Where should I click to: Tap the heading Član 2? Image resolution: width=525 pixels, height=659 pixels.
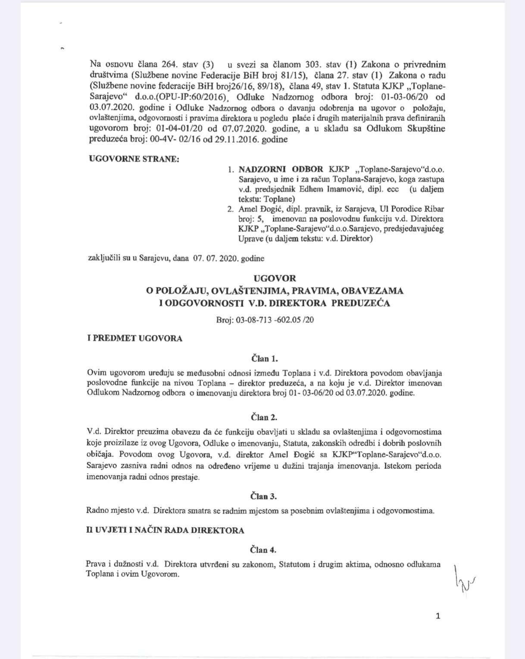(264, 417)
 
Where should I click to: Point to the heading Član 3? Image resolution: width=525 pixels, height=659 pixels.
(264, 496)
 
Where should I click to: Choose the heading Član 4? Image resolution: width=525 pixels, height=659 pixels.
(264, 550)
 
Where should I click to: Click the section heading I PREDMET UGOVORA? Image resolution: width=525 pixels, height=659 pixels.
(134, 338)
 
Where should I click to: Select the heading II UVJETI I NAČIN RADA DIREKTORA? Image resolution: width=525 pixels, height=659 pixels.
(165, 530)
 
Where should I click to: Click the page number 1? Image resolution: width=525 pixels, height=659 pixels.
(438, 616)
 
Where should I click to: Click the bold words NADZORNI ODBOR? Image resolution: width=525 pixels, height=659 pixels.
(281, 169)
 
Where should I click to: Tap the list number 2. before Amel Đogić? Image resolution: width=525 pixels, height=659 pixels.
(231, 209)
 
